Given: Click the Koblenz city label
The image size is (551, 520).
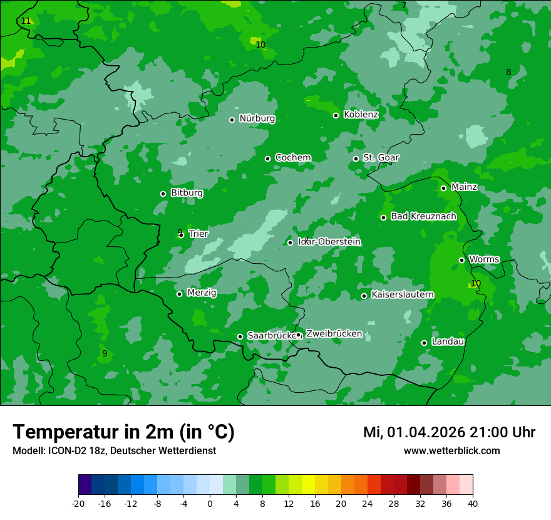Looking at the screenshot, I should (x=361, y=115).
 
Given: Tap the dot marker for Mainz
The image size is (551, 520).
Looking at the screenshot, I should (x=443, y=188).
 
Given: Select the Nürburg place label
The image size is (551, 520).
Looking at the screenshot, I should (x=257, y=118).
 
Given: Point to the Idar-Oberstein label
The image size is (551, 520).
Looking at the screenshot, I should (x=329, y=242).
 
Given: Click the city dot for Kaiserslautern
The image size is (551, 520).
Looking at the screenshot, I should (x=364, y=296).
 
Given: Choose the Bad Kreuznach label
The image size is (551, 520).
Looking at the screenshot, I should (x=423, y=216).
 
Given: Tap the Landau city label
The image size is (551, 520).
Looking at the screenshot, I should (x=448, y=341).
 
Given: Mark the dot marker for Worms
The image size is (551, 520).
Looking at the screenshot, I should (x=461, y=260).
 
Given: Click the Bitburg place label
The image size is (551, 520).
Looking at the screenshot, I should (x=187, y=193).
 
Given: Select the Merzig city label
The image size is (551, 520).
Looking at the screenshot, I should (x=202, y=293).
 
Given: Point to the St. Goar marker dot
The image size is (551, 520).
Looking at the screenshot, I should (x=356, y=159).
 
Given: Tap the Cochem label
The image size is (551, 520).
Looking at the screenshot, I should (x=293, y=157).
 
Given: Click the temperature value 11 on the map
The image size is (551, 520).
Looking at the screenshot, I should (x=26, y=21).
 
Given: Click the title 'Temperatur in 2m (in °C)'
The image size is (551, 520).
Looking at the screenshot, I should (x=123, y=432).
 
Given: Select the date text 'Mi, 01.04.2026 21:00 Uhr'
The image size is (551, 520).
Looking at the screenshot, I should (x=449, y=432).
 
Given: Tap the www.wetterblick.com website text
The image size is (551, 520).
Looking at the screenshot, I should (x=451, y=450).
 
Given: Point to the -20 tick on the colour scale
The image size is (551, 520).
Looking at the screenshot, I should (x=78, y=503).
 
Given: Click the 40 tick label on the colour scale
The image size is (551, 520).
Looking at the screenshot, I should (x=473, y=503).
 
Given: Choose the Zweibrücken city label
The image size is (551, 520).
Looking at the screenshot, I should (x=334, y=334).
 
